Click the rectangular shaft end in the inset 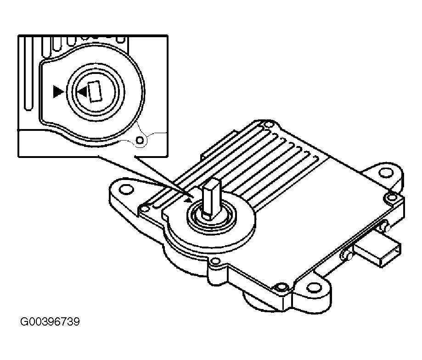[x=95, y=90]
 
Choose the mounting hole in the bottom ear [x=314, y=287]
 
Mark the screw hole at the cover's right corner [x=391, y=198]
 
